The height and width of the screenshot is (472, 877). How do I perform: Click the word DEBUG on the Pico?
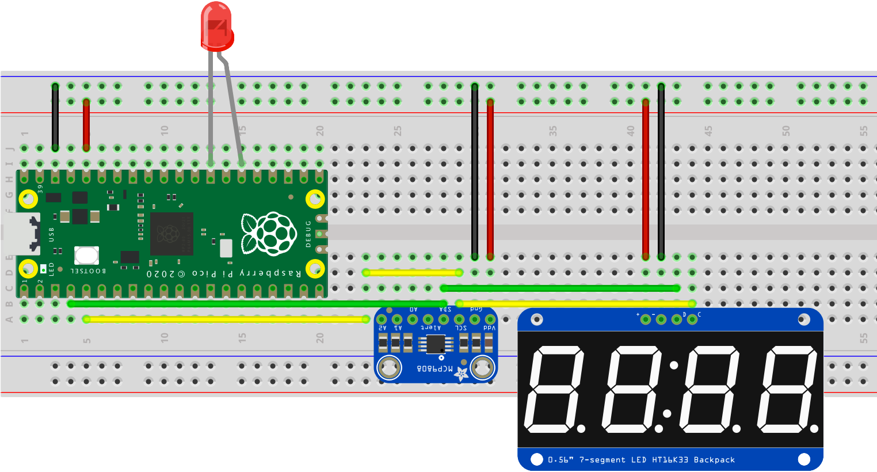[x=308, y=233]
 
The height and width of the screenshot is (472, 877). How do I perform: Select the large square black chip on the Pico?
[x=171, y=234]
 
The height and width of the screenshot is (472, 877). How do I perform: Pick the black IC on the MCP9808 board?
[x=436, y=344]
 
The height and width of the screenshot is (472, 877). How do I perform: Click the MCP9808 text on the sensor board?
[x=435, y=368]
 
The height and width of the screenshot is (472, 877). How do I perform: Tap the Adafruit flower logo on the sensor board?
[x=461, y=374]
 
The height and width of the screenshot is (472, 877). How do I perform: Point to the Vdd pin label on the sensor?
[x=489, y=328]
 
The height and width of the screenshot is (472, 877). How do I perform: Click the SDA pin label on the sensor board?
[x=444, y=310]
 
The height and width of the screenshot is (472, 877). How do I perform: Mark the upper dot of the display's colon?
[x=674, y=364]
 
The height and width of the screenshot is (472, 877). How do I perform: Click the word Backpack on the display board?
[x=714, y=460]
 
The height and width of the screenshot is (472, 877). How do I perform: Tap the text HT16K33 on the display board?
[x=670, y=460]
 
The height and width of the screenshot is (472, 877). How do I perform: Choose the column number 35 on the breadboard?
[x=553, y=131]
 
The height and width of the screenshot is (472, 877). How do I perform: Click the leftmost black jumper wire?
[x=55, y=117]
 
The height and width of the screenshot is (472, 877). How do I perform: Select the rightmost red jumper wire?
[x=646, y=178]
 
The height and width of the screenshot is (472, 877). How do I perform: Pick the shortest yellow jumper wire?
[x=412, y=272]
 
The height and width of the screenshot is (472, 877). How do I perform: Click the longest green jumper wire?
[x=257, y=303]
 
